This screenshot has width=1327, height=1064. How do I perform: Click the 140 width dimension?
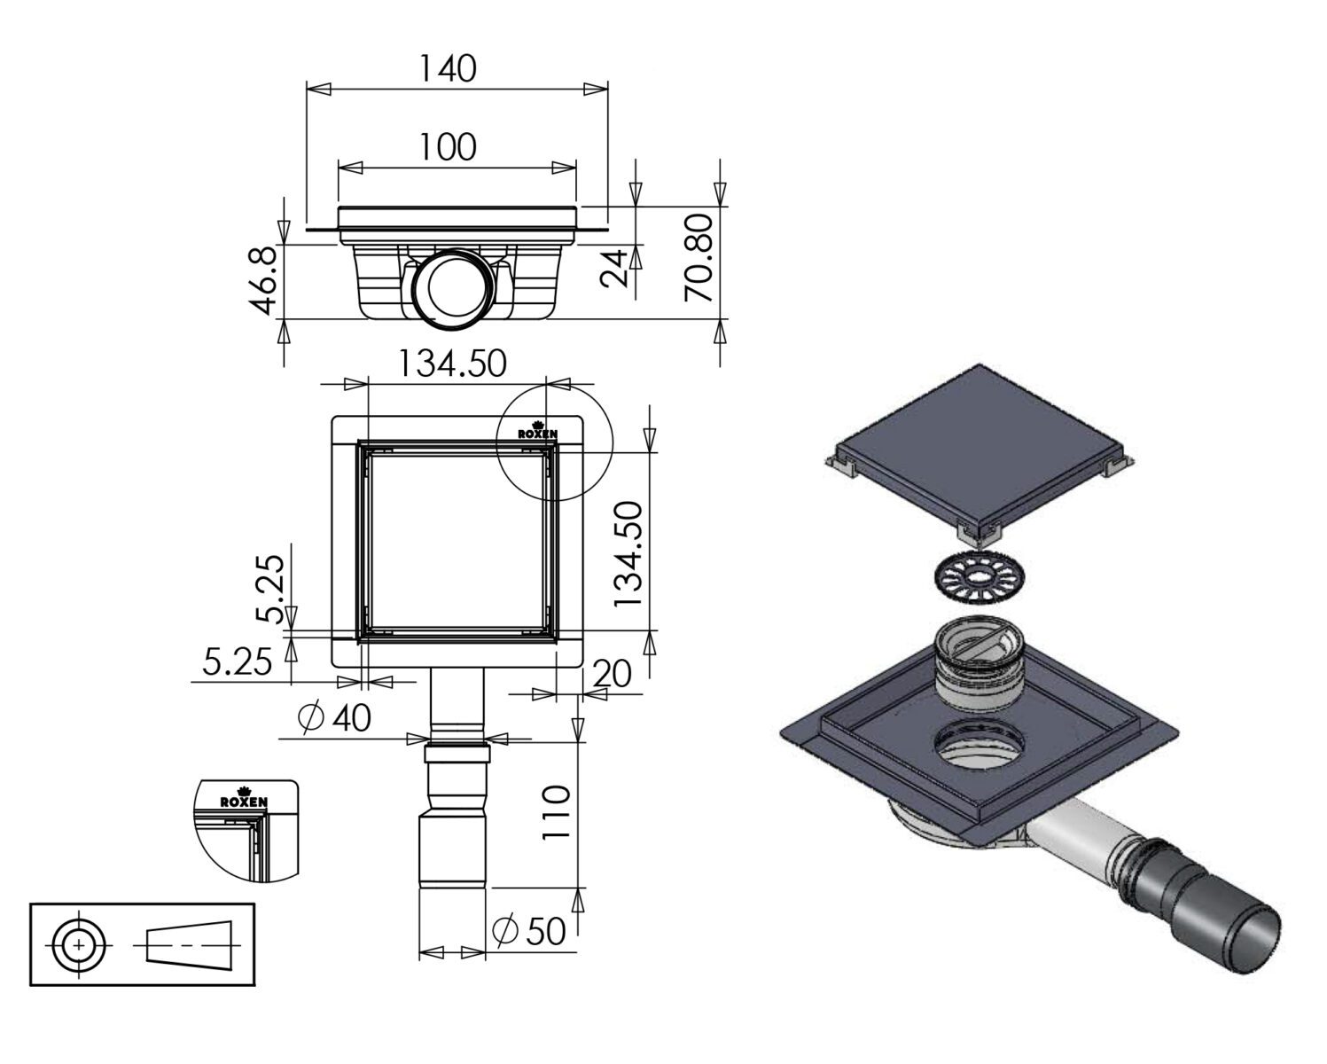[x=449, y=68]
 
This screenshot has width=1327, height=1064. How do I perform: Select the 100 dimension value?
[x=449, y=147]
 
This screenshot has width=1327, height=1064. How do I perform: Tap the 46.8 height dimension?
[x=265, y=281]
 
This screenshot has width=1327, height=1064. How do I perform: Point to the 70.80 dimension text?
[x=698, y=257]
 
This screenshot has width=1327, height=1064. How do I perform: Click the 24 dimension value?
[x=614, y=269]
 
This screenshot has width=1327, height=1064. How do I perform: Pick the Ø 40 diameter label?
[x=334, y=717]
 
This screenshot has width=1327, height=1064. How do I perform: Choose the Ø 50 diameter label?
[x=529, y=931]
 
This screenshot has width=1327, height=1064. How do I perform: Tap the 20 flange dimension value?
[x=613, y=674]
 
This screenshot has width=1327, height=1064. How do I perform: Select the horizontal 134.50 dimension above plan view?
[x=453, y=364]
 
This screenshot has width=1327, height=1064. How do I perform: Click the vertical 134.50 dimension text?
[x=628, y=554]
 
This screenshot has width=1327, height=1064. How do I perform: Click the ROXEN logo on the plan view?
[x=538, y=431]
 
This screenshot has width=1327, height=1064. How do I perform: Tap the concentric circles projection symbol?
[x=79, y=945]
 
